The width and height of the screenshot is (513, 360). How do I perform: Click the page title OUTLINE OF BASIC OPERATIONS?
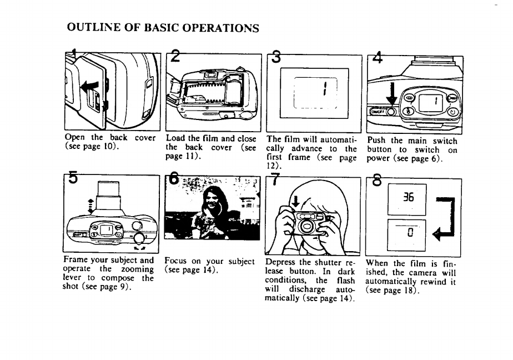click(x=163, y=28)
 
